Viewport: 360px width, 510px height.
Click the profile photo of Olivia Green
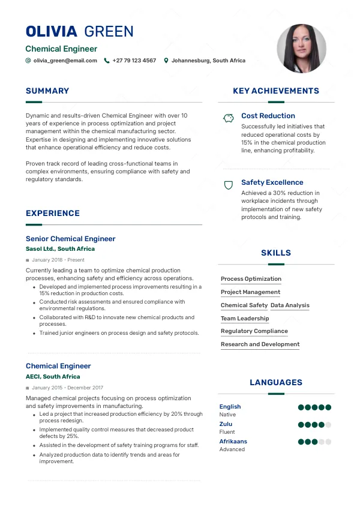tap(302, 49)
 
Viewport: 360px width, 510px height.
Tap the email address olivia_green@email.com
tap(65, 61)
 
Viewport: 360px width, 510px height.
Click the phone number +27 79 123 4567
tap(134, 61)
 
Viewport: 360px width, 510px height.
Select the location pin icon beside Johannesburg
tap(166, 61)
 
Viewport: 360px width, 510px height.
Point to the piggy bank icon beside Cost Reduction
tap(228, 118)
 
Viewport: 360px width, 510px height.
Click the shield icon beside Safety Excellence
tap(228, 185)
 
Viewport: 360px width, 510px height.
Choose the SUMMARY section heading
tap(47, 91)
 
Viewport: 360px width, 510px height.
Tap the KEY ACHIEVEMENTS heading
tap(276, 91)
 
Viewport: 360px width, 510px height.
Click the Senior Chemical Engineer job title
tap(70, 239)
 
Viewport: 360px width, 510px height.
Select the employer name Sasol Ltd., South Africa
tap(60, 248)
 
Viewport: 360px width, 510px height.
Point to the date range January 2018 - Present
tap(58, 260)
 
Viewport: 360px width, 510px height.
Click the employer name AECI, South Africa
tap(53, 377)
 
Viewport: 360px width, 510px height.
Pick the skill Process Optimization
tap(251, 279)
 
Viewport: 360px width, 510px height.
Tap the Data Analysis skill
tap(290, 305)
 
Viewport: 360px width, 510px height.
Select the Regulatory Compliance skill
tap(254, 331)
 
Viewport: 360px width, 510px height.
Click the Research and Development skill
tap(260, 344)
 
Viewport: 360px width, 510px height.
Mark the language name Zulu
tap(226, 424)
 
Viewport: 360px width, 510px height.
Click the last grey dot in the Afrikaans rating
tap(328, 442)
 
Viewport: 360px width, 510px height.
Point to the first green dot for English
tap(301, 407)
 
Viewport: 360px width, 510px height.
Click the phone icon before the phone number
tap(107, 61)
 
